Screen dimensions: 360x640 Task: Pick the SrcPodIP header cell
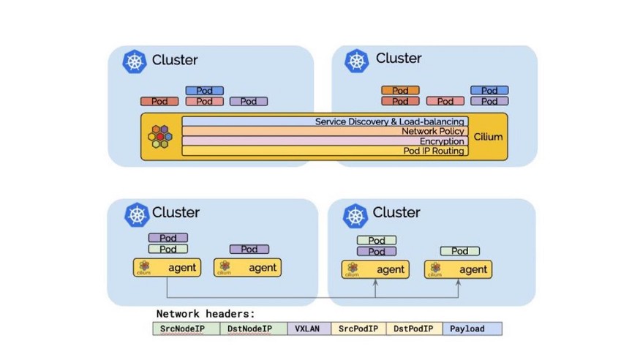coord(358,329)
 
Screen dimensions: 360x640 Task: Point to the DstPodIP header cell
coord(414,329)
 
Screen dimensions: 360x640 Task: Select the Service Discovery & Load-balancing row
coord(324,121)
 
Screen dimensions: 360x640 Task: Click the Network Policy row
coord(324,132)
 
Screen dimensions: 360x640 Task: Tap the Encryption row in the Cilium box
coord(324,141)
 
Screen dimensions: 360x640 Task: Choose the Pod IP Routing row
coord(324,151)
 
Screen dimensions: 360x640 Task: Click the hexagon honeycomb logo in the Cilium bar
coord(162,137)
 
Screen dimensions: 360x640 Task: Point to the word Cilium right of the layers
coord(489,137)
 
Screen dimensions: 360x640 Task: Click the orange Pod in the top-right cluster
coord(400,91)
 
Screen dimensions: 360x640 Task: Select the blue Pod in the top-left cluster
coord(205,91)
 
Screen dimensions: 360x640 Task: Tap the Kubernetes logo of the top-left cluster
coord(135,61)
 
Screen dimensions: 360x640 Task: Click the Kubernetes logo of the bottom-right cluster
coord(356,215)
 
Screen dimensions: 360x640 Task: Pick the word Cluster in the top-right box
coord(399,59)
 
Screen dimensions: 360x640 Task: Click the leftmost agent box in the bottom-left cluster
coord(167,268)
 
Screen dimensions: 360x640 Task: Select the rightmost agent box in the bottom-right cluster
coord(458,269)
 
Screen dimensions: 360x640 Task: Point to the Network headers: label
coord(206,314)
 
